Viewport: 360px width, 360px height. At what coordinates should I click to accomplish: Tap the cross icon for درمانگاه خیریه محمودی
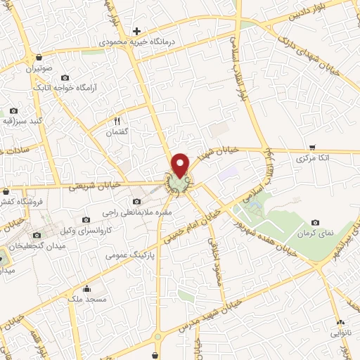tap(137, 32)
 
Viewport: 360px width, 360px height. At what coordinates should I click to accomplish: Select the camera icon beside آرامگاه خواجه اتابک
tap(65, 77)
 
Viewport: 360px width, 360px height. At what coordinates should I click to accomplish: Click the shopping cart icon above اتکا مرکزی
tap(311, 148)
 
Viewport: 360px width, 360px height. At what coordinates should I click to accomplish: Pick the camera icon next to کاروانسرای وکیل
tap(86, 220)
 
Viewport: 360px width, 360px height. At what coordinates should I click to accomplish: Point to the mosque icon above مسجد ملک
tap(86, 288)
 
